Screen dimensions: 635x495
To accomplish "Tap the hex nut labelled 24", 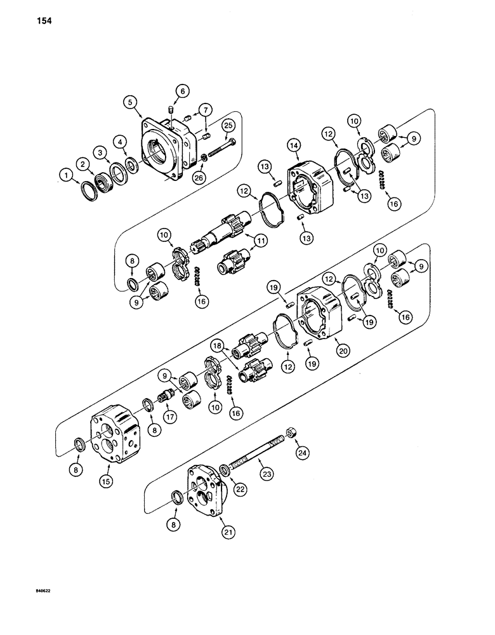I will coord(289,432).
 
